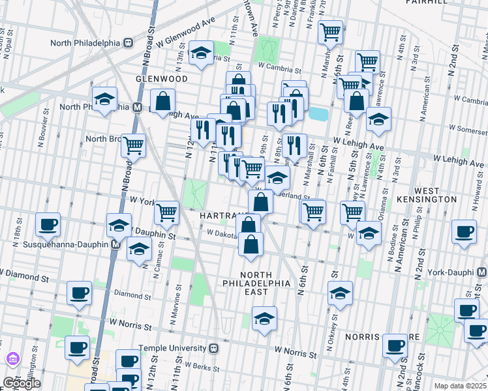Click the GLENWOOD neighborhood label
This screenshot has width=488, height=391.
[x=161, y=78]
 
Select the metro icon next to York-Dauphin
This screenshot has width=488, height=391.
[x=481, y=270]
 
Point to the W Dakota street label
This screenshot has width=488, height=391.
[x=223, y=232]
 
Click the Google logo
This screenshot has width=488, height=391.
[x=22, y=383]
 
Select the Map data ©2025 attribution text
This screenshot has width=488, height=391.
[x=460, y=386]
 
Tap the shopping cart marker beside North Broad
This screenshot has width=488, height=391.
[x=134, y=147]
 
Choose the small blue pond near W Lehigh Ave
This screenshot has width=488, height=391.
[x=318, y=114]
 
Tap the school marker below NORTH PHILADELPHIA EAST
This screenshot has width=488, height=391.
[x=264, y=319]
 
